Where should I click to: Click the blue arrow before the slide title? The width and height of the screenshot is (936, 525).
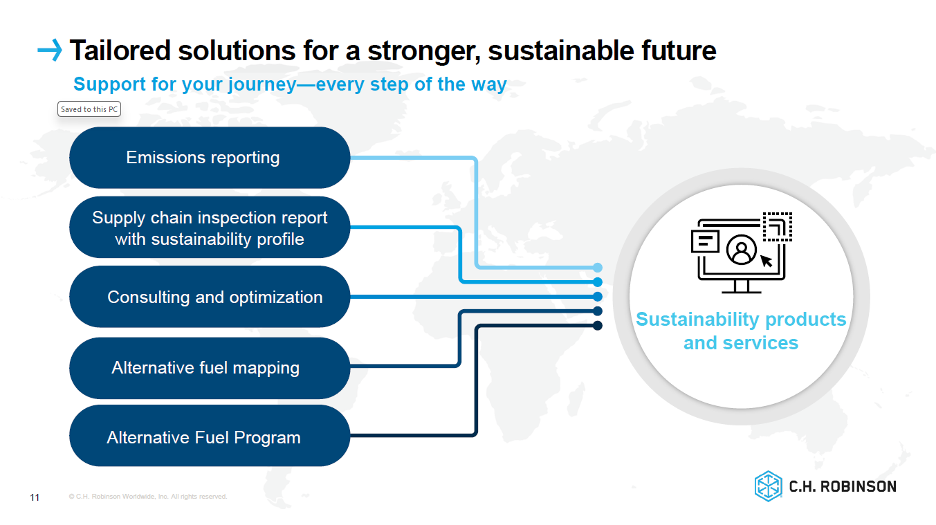[49, 50]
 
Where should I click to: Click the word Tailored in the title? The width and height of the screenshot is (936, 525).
[118, 50]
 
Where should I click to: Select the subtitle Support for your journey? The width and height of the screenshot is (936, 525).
[290, 84]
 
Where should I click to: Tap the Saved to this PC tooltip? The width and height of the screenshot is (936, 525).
[89, 109]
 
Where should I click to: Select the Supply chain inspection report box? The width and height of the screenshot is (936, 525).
[210, 228]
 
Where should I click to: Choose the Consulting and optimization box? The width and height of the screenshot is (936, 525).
[210, 297]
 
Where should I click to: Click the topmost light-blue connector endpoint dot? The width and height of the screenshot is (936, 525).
[598, 267]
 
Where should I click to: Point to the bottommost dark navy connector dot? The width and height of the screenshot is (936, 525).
[598, 325]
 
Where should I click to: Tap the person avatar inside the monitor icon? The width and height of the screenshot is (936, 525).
[742, 250]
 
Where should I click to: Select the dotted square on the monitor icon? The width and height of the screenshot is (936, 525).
[777, 226]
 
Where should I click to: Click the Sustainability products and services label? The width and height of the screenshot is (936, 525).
[741, 331]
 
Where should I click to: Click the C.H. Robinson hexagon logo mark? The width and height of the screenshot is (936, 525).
[768, 486]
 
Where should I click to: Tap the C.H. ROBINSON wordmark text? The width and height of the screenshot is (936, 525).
[843, 486]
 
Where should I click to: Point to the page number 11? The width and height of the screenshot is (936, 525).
[35, 497]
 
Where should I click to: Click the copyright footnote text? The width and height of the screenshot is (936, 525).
[148, 497]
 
